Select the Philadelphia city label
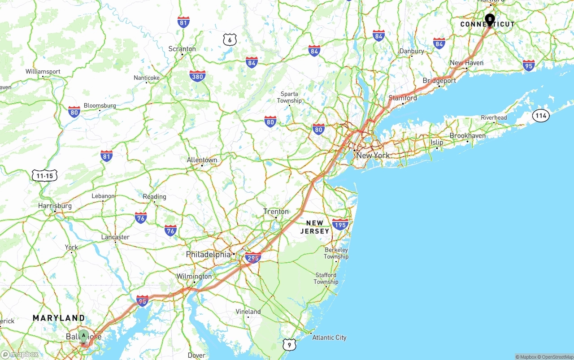point(208,255)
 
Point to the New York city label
point(373,156)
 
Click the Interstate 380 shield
point(197,76)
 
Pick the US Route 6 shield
point(230,40)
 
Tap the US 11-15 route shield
point(45,176)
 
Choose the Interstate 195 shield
point(340,224)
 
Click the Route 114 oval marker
point(541,116)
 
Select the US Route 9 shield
point(290,344)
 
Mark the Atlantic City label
point(329,338)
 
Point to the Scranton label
point(182,49)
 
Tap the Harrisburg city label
point(55,206)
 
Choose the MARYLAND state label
point(59,318)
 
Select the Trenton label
point(276,212)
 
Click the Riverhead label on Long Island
point(494,118)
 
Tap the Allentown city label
point(202,160)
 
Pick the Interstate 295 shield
point(253,258)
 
